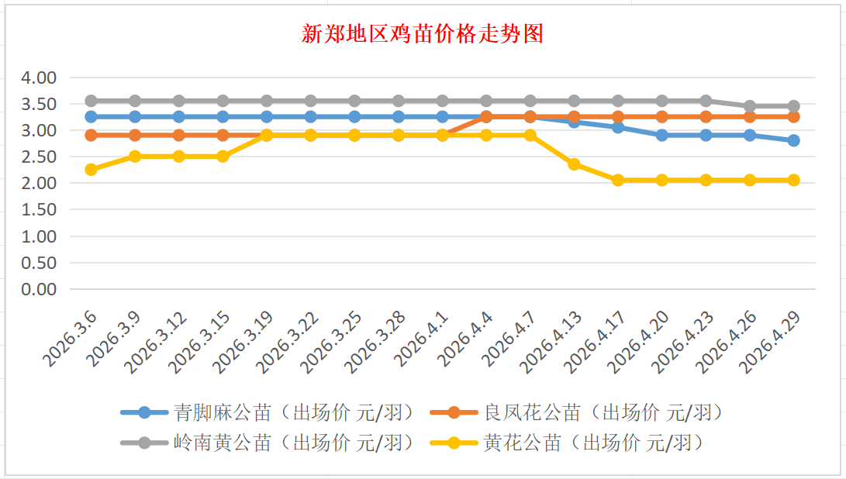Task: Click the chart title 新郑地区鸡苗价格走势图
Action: click(x=423, y=34)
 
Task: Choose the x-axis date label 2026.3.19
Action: click(x=246, y=341)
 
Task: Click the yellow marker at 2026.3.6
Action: click(x=91, y=170)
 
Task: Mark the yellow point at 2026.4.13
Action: click(x=574, y=164)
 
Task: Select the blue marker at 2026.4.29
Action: click(x=793, y=140)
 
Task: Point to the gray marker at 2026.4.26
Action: click(x=750, y=106)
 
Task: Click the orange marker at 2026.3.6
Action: click(x=91, y=135)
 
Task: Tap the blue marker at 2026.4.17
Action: click(x=618, y=127)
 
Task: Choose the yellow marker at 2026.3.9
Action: click(x=135, y=157)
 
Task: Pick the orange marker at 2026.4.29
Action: click(x=793, y=117)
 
